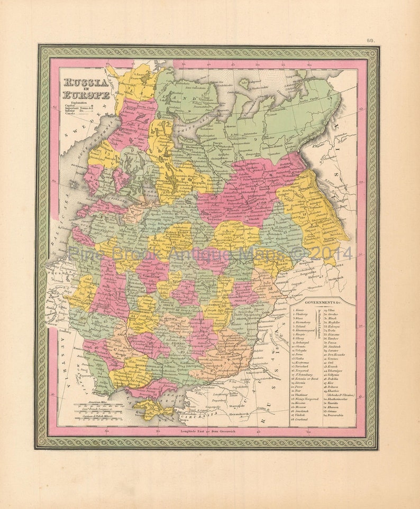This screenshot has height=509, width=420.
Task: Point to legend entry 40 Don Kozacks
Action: click(335, 354)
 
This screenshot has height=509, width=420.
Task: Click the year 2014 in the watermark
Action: click(328, 253)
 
